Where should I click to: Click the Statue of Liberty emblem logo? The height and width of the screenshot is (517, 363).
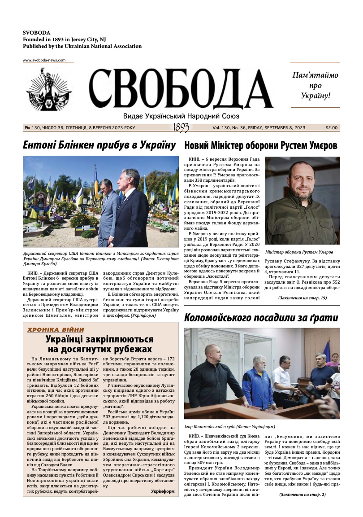point(49,90)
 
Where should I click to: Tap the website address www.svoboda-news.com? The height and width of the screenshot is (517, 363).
point(44,60)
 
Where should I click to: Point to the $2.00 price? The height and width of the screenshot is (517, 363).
point(332,128)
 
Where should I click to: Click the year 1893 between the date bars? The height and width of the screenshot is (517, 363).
point(181,128)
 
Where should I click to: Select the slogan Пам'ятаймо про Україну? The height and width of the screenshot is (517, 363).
point(315,85)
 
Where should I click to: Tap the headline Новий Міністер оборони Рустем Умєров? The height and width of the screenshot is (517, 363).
point(261,145)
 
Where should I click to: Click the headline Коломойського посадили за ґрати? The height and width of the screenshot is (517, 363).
point(261,318)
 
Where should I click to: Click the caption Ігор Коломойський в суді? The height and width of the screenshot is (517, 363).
point(229,426)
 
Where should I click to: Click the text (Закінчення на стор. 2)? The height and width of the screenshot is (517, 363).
point(302,494)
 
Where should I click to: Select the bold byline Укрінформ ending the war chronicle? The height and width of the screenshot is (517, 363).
point(163,491)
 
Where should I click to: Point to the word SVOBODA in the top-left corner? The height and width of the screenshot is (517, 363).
point(37,33)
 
